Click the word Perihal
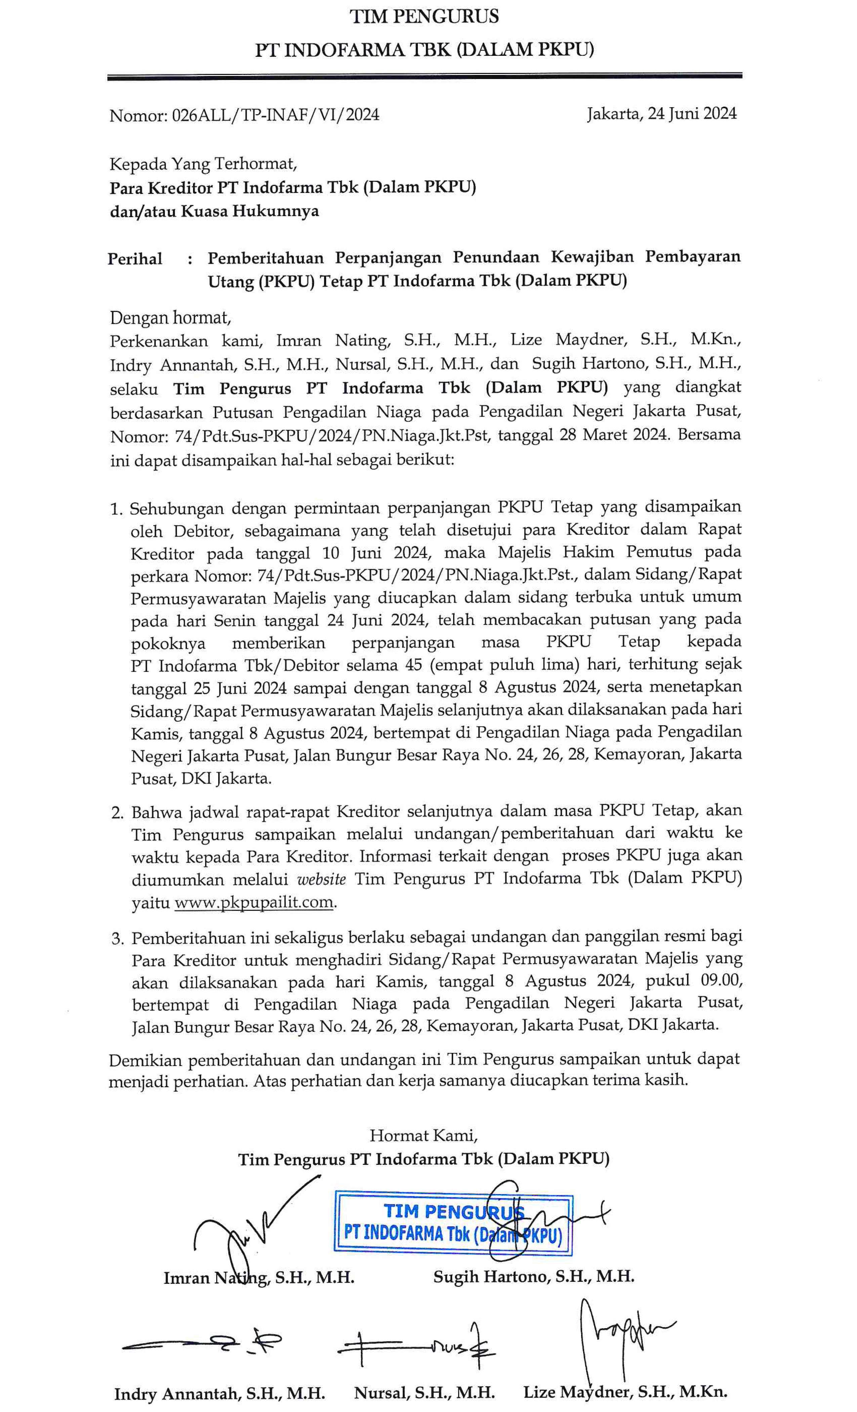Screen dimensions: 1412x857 135,259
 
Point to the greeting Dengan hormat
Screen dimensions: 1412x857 170,317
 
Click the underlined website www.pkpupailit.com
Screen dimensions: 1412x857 254,902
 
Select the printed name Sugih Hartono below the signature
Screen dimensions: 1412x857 533,1276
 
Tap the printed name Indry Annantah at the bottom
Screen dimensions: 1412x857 219,1394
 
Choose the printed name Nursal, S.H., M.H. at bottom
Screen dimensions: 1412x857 424,1393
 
